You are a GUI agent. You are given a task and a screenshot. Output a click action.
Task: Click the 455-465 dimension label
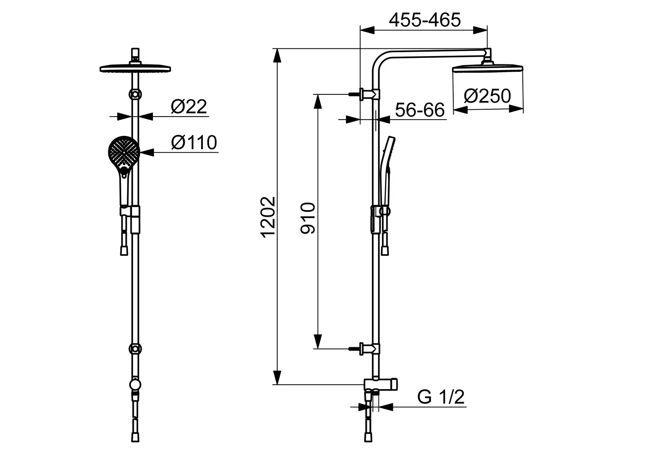pos(425,20)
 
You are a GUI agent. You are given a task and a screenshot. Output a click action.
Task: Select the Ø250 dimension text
pos(487,96)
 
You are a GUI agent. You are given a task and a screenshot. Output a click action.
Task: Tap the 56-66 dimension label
pos(420,110)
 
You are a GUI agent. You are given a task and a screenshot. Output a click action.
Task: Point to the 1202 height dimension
pos(268,217)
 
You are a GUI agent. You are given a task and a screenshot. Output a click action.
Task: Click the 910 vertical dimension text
pos(308,218)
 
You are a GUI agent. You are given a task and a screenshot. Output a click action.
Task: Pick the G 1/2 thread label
pos(441,396)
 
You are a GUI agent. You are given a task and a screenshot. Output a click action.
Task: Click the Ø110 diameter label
pos(194,142)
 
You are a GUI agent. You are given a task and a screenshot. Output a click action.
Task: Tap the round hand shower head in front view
pos(124,152)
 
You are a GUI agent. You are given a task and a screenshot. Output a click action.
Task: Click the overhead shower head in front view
pos(135,68)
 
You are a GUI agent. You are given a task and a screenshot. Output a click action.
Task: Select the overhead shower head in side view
pos(487,68)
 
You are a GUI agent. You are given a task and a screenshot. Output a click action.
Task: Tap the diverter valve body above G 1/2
pos(381,384)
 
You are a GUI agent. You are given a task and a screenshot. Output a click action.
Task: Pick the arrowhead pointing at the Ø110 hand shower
pos(146,152)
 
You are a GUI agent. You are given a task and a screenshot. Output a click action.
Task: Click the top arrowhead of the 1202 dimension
pos(277,56)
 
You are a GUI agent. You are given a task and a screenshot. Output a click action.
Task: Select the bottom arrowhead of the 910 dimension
pos(318,342)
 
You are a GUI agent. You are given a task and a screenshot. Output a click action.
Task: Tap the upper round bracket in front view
pos(135,94)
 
